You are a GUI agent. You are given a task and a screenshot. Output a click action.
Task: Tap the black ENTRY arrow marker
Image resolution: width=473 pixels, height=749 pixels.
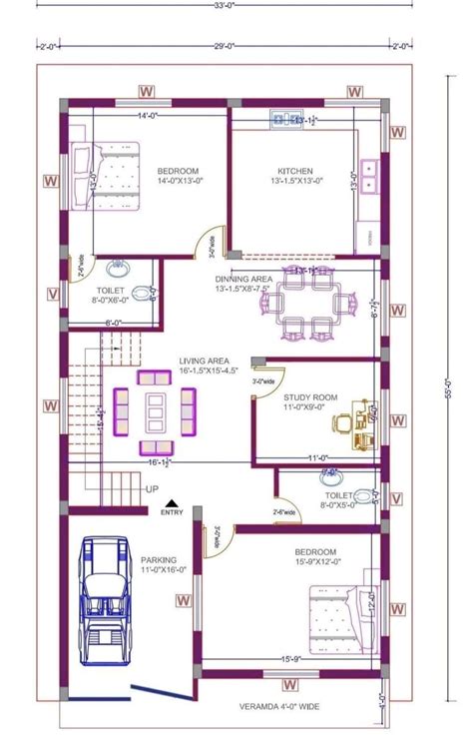click(x=172, y=503)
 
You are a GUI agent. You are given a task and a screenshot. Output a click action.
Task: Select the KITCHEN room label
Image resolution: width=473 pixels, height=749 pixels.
click(x=295, y=171)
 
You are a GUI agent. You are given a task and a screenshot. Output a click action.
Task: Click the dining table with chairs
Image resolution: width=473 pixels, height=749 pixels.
click(x=309, y=306)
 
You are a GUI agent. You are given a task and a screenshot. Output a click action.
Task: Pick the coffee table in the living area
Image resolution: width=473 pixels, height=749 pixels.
click(x=155, y=409)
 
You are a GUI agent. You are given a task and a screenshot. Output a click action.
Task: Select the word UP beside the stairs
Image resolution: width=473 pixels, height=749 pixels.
click(x=152, y=489)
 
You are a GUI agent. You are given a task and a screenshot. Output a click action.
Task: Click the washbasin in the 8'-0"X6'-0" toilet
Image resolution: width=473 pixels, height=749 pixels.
click(x=118, y=267)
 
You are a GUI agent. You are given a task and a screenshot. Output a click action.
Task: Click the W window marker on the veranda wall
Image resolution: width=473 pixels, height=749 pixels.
click(x=290, y=685)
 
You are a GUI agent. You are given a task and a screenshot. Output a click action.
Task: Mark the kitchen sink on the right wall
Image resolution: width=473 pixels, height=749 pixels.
click(x=370, y=175)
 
